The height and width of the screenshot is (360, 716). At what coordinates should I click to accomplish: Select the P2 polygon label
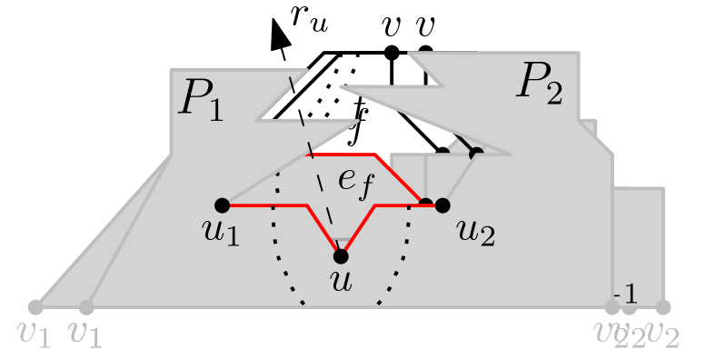(x=541, y=83)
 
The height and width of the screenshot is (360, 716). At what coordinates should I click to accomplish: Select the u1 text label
(x=222, y=233)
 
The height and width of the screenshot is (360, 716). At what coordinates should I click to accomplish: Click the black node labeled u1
(x=222, y=205)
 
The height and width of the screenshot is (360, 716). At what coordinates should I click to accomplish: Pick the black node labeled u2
(x=443, y=205)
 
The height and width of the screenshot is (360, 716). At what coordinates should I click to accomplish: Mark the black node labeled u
(x=341, y=255)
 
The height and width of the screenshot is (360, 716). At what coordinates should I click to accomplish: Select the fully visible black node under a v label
(x=392, y=53)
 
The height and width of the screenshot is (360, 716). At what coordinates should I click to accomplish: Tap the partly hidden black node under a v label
(x=425, y=51)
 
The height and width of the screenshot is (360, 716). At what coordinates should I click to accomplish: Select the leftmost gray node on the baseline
(x=35, y=307)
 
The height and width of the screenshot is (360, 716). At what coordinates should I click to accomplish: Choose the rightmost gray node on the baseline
(x=663, y=307)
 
